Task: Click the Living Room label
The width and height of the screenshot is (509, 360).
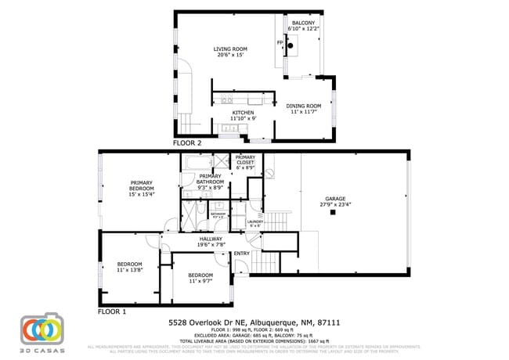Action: coord(230,52)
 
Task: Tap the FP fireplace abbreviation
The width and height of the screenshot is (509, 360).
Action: coord(280,42)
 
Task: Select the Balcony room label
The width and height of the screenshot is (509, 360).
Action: coord(303,27)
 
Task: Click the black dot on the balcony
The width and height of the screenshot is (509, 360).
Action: coord(291,47)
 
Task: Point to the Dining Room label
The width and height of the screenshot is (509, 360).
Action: coord(303,109)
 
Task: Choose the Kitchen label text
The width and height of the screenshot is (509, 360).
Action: coord(243,115)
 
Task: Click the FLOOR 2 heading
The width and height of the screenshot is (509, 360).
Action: coord(187,144)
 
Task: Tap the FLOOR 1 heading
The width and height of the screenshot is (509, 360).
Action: coord(112,311)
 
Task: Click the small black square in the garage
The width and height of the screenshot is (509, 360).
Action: coord(332,212)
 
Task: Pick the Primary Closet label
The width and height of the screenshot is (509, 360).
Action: coord(245,161)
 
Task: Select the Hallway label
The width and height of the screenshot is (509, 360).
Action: coord(211,241)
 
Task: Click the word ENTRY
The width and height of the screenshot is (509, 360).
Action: coord(242,253)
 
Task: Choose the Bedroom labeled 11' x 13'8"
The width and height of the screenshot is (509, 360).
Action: coord(129,266)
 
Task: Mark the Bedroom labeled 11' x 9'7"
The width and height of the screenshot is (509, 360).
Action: coord(200,278)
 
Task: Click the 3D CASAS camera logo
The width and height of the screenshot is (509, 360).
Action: coord(42,330)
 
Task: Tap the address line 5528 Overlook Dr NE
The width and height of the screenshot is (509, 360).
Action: coord(254,322)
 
